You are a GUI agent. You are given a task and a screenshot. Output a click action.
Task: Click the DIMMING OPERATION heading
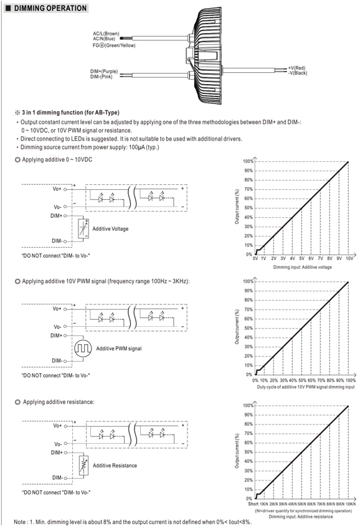(50, 8)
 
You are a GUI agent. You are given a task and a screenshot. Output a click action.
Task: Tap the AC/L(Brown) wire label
(106, 34)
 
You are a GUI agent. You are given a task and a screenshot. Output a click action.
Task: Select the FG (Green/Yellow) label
(114, 45)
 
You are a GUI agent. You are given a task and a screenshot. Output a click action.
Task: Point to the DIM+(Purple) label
(103, 71)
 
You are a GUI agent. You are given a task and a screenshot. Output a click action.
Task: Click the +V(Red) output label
(296, 68)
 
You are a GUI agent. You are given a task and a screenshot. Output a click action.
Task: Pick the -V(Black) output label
(298, 73)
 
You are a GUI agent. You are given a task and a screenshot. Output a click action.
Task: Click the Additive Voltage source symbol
(83, 229)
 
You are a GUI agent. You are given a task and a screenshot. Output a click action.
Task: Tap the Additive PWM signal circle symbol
(83, 348)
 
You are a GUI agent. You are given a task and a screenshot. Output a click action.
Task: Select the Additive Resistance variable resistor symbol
(83, 466)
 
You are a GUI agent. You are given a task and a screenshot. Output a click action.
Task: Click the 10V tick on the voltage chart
(349, 258)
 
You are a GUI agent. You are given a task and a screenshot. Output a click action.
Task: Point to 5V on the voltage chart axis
(301, 258)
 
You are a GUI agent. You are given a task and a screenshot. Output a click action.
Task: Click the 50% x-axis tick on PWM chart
(302, 380)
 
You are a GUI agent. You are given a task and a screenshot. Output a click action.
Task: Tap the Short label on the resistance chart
(253, 503)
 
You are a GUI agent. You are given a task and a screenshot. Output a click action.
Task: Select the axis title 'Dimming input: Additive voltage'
(302, 267)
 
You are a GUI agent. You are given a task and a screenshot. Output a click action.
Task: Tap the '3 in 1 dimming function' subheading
(70, 113)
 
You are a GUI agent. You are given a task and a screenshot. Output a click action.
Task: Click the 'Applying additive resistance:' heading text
(59, 402)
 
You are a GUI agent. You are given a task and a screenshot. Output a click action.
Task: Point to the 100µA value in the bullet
(136, 147)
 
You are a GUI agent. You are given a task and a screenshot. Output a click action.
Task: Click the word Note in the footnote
(19, 522)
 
